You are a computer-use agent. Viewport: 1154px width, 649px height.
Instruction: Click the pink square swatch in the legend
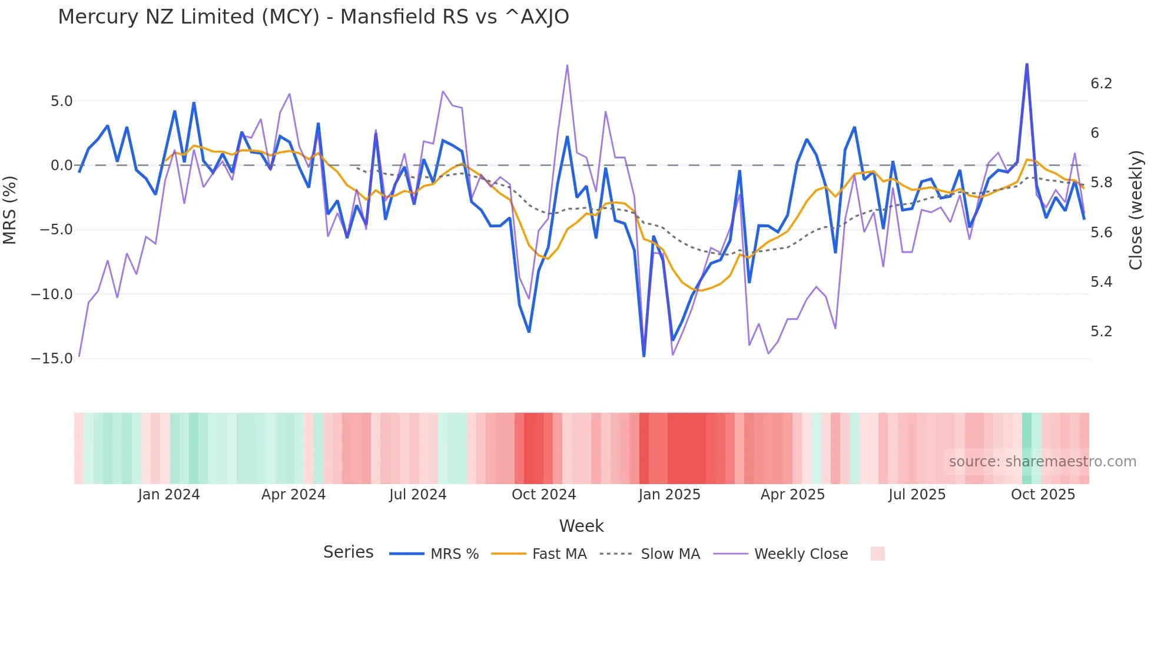click(x=877, y=554)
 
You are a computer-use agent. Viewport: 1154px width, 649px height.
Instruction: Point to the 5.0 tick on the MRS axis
click(x=61, y=101)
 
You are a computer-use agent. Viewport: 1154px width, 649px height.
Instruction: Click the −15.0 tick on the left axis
click(x=52, y=359)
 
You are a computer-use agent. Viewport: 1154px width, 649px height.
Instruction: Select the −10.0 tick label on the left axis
click(x=52, y=294)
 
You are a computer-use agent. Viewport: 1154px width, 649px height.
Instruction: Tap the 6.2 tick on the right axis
click(x=1101, y=84)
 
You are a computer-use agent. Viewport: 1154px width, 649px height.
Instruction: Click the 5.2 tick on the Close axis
click(x=1101, y=332)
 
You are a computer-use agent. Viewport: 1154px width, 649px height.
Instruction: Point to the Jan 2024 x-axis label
click(x=169, y=495)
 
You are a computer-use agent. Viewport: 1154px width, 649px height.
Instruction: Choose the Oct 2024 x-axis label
click(x=543, y=495)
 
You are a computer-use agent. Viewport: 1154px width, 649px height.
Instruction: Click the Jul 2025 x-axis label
click(x=917, y=495)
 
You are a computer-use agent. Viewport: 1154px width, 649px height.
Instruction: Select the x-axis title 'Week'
click(x=581, y=526)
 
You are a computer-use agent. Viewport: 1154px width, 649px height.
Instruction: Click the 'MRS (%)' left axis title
click(x=10, y=210)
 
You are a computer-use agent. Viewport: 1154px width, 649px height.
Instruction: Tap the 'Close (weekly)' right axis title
click(x=1136, y=210)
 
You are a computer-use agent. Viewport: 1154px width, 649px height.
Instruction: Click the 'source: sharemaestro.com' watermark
click(x=1042, y=462)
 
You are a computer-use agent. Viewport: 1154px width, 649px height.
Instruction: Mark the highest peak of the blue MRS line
click(x=1027, y=64)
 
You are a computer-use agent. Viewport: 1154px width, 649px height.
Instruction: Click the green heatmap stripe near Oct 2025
click(x=1027, y=448)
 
